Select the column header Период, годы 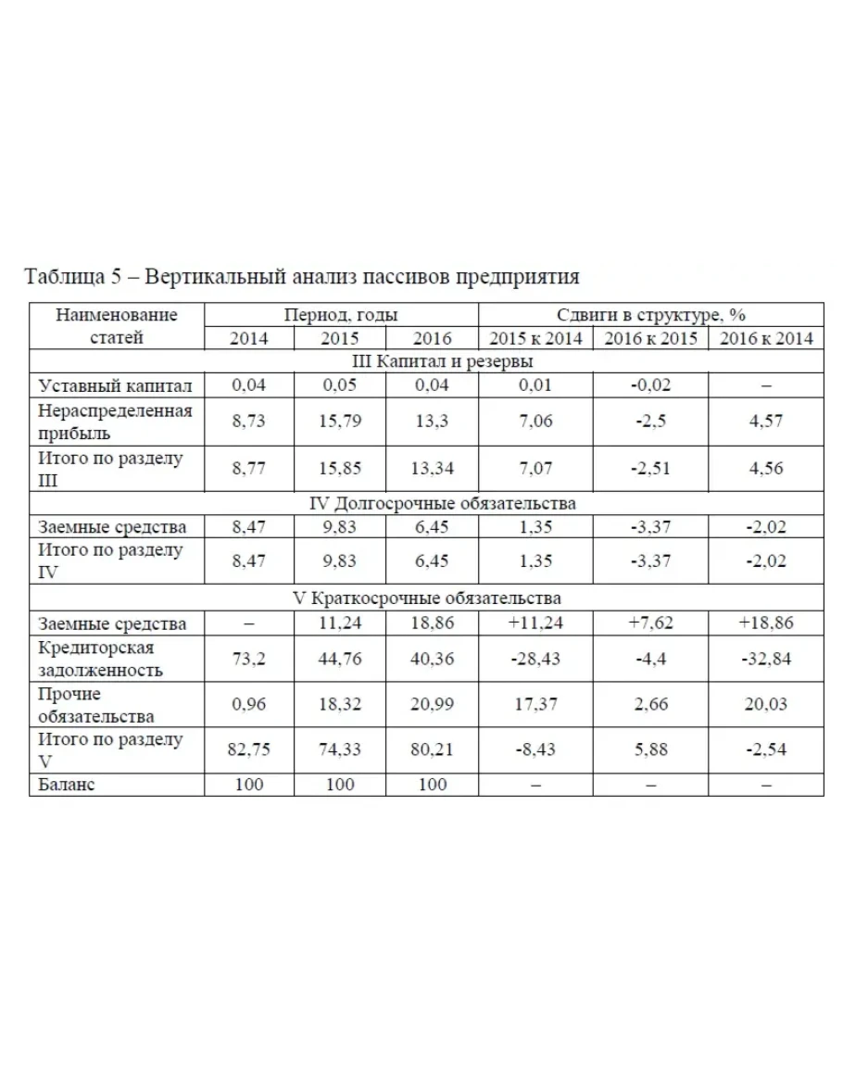341,315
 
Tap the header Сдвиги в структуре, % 651,315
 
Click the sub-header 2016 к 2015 650,338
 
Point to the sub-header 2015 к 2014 536,338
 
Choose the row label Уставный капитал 115,385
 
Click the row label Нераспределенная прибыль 115,422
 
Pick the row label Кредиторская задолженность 102,658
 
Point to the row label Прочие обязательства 96,704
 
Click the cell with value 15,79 341,422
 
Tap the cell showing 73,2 248,658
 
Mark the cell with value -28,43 536,658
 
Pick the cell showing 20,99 433,704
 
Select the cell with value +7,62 650,623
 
